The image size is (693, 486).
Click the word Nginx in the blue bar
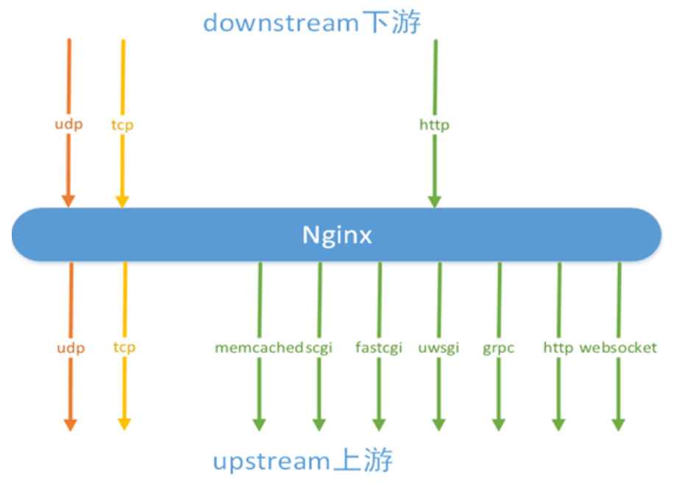click(337, 235)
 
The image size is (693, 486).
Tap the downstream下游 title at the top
click(311, 23)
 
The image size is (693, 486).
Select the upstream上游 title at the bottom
click(302, 461)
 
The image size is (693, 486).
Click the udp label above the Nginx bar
click(68, 124)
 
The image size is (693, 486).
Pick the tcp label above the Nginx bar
click(122, 125)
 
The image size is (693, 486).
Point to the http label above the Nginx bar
click(434, 125)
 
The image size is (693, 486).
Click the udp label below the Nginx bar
click(71, 347)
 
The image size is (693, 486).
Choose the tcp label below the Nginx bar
click(124, 347)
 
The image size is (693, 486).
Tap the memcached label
click(259, 347)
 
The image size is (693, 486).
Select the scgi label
click(319, 347)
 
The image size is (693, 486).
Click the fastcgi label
click(378, 347)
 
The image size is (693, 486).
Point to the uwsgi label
click(438, 347)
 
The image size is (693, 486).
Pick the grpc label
click(498, 347)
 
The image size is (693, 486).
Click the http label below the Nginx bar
click(558, 347)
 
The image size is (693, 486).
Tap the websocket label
click(618, 347)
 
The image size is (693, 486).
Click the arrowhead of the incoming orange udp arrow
click(68, 200)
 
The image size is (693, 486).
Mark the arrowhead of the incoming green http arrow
click(434, 200)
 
